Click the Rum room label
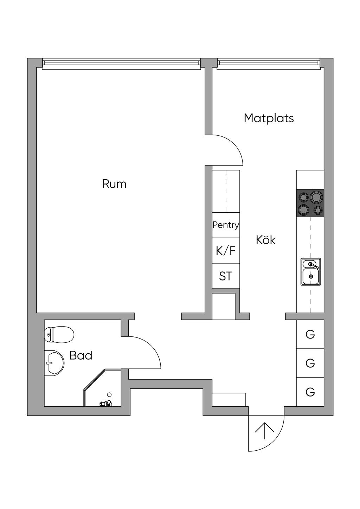pyautogui.click(x=114, y=184)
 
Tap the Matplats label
pyautogui.click(x=269, y=118)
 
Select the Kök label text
pyautogui.click(x=265, y=240)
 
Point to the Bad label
pyautogui.click(x=81, y=355)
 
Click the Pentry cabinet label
pyautogui.click(x=226, y=225)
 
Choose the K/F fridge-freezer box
pyautogui.click(x=226, y=251)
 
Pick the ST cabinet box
pyautogui.click(x=226, y=276)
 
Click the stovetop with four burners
pyautogui.click(x=310, y=203)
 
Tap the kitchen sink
pyautogui.click(x=310, y=272)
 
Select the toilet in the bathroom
pyautogui.click(x=59, y=334)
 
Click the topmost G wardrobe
pyautogui.click(x=310, y=334)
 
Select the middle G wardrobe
pyautogui.click(x=310, y=363)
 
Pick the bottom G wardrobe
pyautogui.click(x=310, y=392)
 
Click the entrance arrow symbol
pyautogui.click(x=264, y=431)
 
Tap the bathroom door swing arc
pyautogui.click(x=148, y=352)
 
